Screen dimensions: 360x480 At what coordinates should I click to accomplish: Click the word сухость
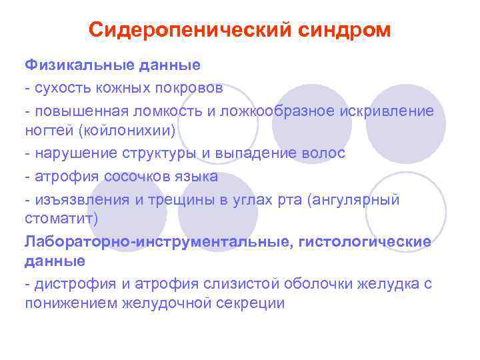(58, 87)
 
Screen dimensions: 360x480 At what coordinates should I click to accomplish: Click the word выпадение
(255, 153)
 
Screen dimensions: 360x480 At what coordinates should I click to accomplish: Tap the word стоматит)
(61, 219)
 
